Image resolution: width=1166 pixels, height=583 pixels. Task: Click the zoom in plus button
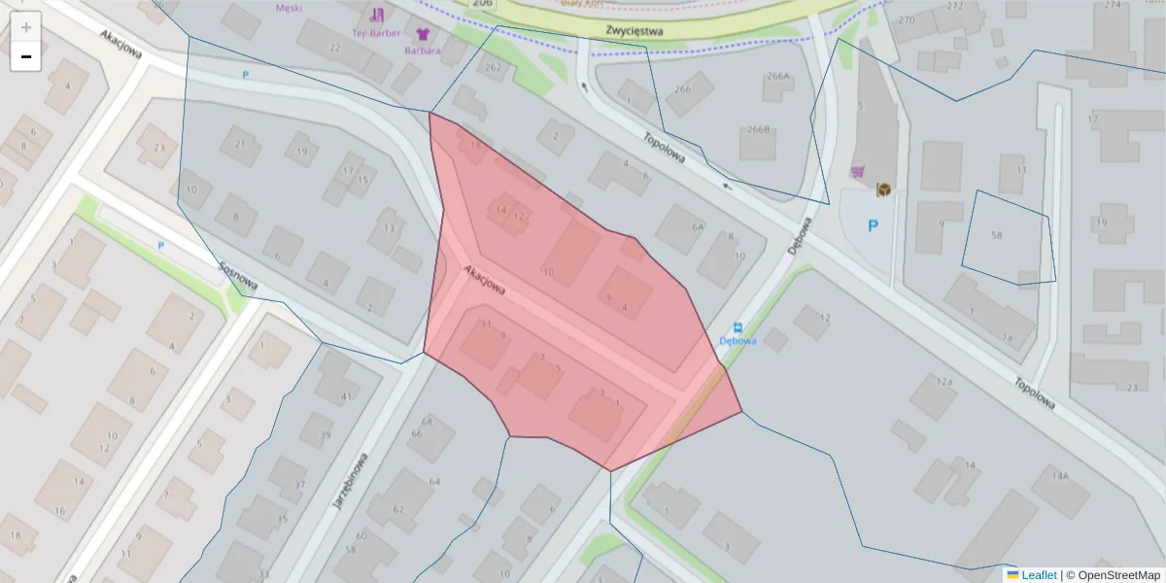[26, 27]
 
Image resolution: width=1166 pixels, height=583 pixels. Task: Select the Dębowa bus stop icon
[737, 327]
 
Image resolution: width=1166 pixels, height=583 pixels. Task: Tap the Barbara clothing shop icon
[423, 35]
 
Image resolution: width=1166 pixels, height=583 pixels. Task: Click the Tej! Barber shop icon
[377, 15]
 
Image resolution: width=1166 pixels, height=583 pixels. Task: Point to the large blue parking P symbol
[872, 226]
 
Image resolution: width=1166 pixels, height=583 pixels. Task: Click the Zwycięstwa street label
[634, 30]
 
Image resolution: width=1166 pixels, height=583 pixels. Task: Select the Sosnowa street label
[237, 275]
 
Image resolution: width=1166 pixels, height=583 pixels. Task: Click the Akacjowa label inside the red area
[484, 282]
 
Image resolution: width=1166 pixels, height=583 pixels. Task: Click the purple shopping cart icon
[858, 172]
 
